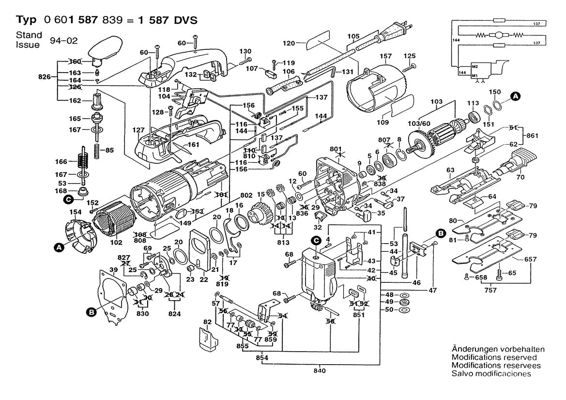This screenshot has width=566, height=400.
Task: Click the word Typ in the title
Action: tap(27, 20)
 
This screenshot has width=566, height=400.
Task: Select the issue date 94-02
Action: tap(62, 42)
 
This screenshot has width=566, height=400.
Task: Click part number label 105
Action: tap(354, 36)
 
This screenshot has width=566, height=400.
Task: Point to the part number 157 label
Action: tap(385, 57)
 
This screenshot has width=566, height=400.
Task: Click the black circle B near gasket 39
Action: tap(91, 313)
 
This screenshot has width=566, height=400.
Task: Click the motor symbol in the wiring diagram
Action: tap(497, 35)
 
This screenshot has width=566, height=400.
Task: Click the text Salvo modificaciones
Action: tap(491, 373)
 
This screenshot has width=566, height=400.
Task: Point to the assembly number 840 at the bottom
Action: tap(320, 370)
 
